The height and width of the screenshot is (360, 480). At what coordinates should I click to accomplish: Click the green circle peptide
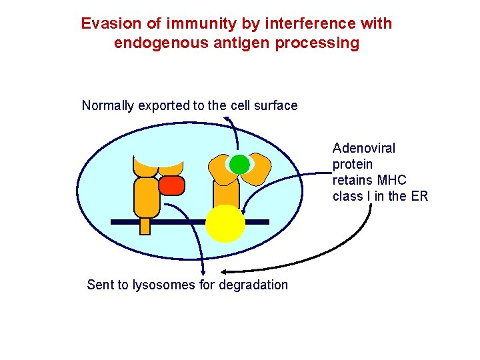[x=239, y=164]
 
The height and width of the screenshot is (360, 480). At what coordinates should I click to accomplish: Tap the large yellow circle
[x=225, y=223]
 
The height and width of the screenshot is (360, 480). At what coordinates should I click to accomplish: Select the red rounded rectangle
[x=171, y=185]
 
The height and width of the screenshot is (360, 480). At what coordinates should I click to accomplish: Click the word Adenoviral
[x=363, y=148]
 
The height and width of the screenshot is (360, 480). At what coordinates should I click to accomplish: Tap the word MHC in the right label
[x=392, y=180]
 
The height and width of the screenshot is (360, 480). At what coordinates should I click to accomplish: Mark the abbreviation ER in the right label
[x=419, y=196]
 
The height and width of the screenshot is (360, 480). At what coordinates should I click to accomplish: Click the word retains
[x=353, y=180]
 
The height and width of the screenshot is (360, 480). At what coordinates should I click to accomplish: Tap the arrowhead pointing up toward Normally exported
[x=226, y=119]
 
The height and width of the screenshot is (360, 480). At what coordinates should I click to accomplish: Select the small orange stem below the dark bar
[x=145, y=227]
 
